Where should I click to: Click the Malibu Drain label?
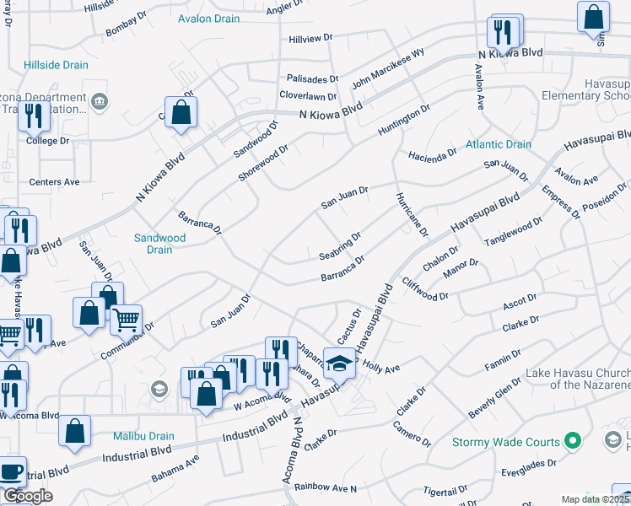144,437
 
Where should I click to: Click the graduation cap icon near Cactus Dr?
339,363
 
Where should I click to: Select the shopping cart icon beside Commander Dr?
126,320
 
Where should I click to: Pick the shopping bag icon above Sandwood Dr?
181,112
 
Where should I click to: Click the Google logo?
27,496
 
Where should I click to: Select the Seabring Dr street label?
340,246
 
